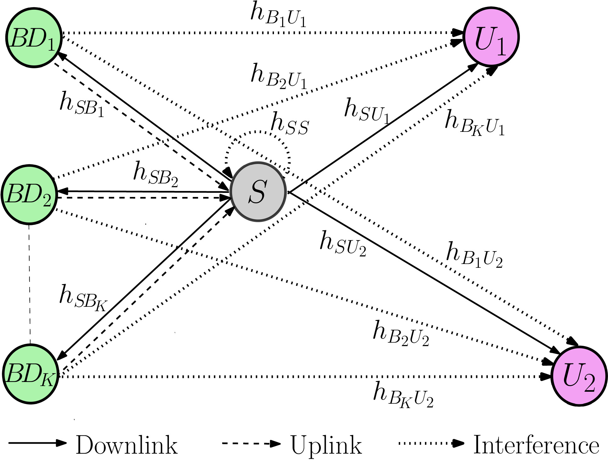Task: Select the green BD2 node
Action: tap(29, 194)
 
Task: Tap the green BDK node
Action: tap(30, 374)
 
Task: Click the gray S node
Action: tap(258, 192)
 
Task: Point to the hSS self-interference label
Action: tap(290, 125)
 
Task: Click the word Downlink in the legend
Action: tap(127, 445)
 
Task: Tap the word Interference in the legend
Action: tap(536, 445)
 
